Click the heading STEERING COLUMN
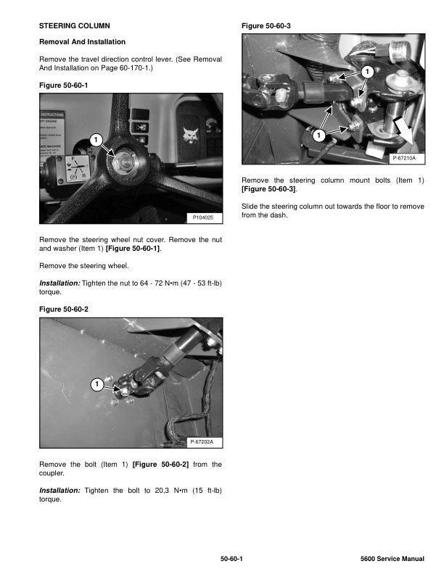tap(74, 26)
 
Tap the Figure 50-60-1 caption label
tap(63, 86)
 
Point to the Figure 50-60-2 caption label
tap(63, 309)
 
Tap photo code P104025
tap(203, 217)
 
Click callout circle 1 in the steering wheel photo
tap(96, 139)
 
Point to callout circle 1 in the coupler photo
tap(96, 383)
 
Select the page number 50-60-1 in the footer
tap(231, 559)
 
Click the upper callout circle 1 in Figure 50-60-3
tap(366, 72)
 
